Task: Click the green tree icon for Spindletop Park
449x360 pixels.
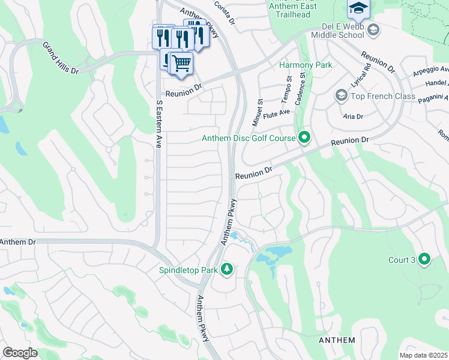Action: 227,269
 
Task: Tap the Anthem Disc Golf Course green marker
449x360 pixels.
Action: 304,138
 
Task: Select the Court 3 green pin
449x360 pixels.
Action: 425,259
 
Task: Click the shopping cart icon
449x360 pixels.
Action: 181,63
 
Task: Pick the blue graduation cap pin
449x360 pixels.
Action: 358,8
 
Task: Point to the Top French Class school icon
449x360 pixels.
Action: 341,95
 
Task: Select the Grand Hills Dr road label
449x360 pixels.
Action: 60,58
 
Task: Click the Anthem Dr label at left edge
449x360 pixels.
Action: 18,241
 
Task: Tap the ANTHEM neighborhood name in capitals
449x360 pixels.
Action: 336,340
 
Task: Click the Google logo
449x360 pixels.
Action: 20,352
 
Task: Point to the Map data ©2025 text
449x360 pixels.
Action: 424,355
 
